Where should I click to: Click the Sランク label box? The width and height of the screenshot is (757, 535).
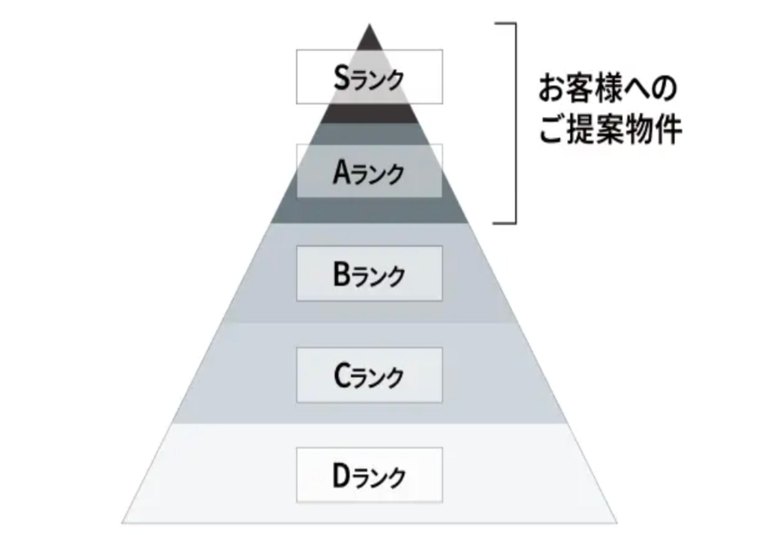point(369,77)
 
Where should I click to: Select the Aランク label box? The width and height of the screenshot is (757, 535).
point(369,171)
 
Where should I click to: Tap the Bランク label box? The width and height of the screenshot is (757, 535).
point(369,273)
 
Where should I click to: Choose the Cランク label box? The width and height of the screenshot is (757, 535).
point(369,375)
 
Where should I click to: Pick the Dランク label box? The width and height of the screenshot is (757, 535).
point(369,475)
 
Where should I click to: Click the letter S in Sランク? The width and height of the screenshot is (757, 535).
point(342,78)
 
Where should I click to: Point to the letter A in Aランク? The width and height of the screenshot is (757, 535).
point(342,172)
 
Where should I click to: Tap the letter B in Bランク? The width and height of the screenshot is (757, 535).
point(342,274)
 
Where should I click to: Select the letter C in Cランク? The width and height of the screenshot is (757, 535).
point(342,376)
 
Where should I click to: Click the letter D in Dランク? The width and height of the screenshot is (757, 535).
point(342,476)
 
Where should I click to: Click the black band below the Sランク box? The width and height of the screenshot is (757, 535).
point(369,114)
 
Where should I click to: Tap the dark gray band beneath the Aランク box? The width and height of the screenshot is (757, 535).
point(369,211)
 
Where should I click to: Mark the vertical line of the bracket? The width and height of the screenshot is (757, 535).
point(516,123)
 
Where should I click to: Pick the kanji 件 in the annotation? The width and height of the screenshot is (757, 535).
point(667,130)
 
